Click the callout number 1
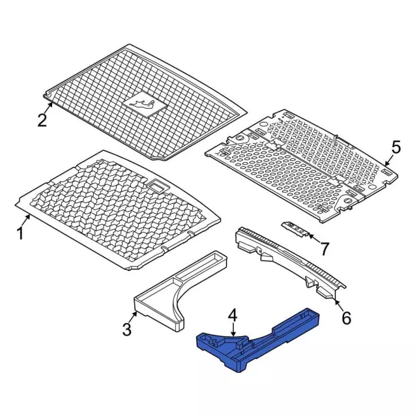tap(20, 233)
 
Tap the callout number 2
tap(42, 120)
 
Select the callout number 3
tap(127, 329)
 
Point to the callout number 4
tap(233, 316)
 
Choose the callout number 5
tap(395, 147)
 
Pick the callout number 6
tap(346, 317)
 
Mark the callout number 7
tap(324, 249)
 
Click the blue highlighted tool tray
tap(259, 339)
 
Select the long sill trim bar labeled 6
tap(290, 262)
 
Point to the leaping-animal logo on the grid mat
tap(142, 104)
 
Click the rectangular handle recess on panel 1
tap(157, 186)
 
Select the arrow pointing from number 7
tap(315, 238)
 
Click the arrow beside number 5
tap(388, 161)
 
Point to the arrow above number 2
tap(48, 108)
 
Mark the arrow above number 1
tap(27, 221)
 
